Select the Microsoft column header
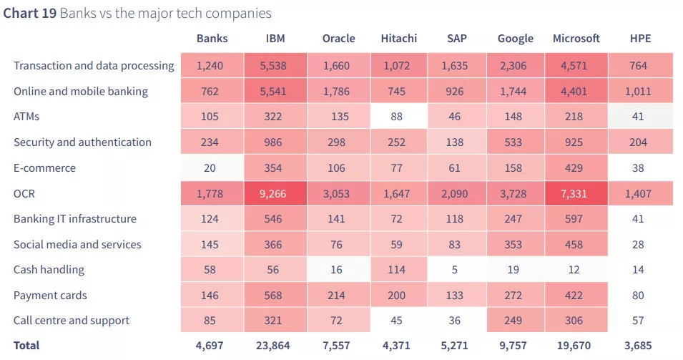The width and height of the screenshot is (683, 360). point(576,39)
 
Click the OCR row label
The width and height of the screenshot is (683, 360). point(25,193)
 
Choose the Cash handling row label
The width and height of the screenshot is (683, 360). point(49,270)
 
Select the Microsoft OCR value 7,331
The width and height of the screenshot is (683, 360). point(576,193)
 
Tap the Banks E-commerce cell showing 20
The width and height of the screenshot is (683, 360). point(212,168)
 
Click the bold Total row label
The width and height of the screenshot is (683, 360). point(26,346)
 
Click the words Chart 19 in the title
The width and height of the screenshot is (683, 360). point(30,14)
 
